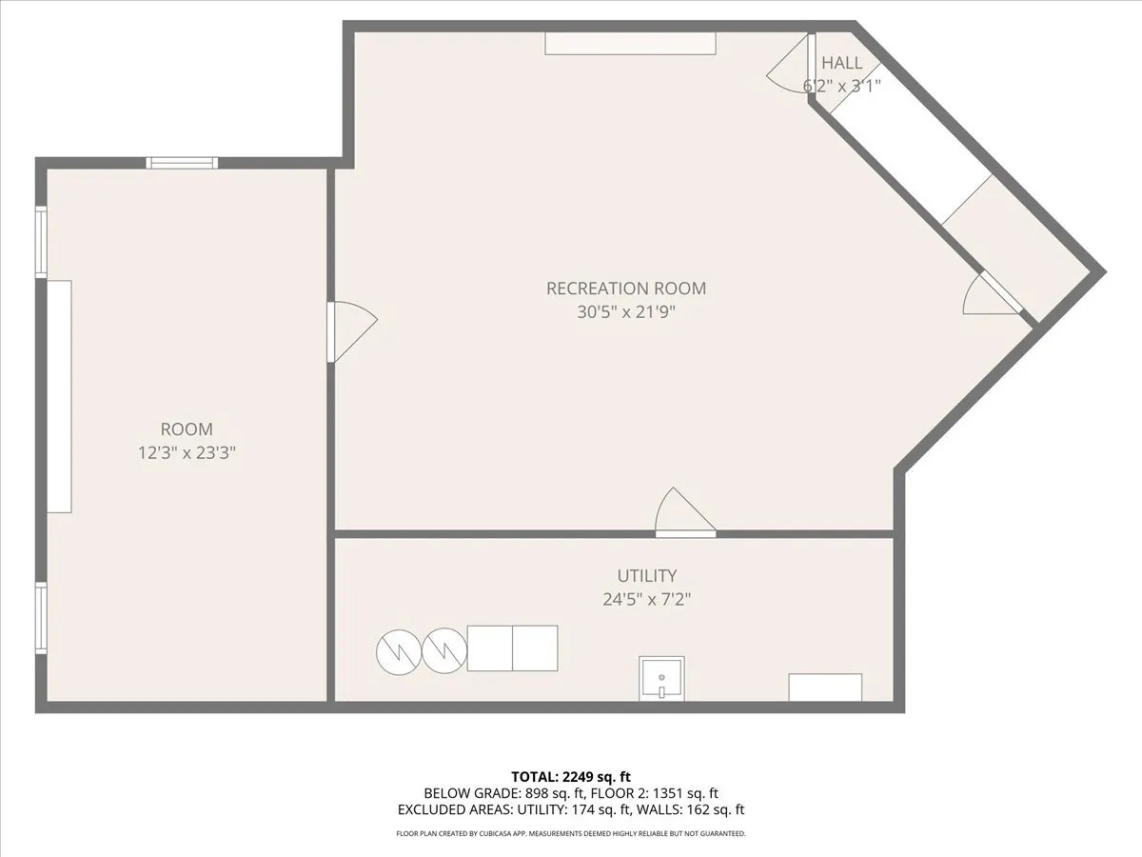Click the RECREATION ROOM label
(x=626, y=289)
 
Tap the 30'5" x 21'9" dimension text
(x=626, y=311)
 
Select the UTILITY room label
(x=647, y=576)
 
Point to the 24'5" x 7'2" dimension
(x=647, y=599)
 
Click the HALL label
(x=842, y=63)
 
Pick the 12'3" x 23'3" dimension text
(x=187, y=453)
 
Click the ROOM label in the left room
(x=187, y=429)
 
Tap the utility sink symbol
(x=660, y=679)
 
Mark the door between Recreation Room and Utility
(x=685, y=514)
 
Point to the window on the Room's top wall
(x=182, y=163)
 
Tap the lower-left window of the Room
(x=41, y=617)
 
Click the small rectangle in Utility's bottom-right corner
(x=825, y=688)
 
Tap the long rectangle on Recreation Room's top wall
(x=630, y=44)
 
